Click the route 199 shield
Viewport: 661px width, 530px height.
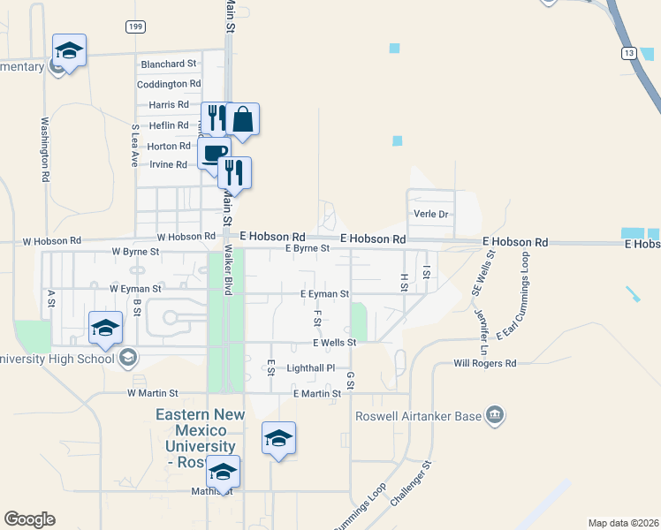tap(134, 27)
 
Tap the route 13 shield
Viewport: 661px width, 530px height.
tap(627, 54)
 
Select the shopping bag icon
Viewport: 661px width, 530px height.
tap(242, 119)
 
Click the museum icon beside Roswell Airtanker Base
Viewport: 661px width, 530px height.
tap(495, 415)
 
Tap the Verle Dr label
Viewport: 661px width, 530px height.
tap(432, 215)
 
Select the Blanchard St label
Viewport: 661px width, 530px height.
tap(168, 64)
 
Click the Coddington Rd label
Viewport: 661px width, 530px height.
tap(169, 84)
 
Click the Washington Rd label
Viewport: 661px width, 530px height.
tap(44, 150)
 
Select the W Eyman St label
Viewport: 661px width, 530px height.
tap(135, 289)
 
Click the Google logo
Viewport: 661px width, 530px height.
tap(29, 519)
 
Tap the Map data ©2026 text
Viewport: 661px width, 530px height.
tap(623, 523)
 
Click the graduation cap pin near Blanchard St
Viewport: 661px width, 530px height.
tap(68, 50)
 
